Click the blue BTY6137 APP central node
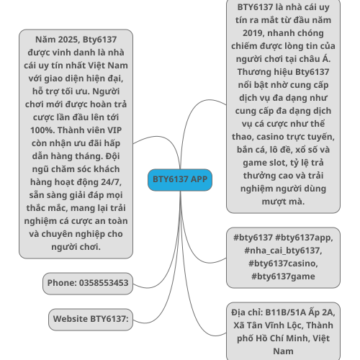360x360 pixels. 180,180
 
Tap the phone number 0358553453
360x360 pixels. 104,283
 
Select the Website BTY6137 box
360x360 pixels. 91,320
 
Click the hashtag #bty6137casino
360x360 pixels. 283,264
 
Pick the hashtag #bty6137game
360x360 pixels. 283,276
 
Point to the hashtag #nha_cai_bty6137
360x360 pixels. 283,251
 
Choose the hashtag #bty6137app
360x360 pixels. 304,238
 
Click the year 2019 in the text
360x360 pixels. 253,33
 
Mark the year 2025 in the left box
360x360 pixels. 68,40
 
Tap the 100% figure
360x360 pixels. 42,130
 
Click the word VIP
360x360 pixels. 114,130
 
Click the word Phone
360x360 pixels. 62,283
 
